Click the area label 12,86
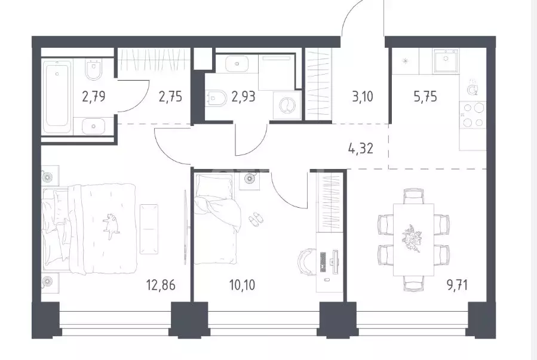tap(161, 284)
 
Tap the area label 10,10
tap(242, 284)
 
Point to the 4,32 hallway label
tap(360, 149)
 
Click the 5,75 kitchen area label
tap(425, 97)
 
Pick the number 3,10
tap(363, 97)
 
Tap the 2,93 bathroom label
tap(243, 97)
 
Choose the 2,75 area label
tap(170, 97)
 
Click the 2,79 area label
tap(94, 97)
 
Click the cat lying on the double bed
tap(111, 226)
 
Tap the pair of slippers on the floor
tap(254, 219)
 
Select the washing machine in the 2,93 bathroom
tap(287, 106)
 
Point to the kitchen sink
tap(446, 60)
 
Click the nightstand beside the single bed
tap(250, 181)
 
